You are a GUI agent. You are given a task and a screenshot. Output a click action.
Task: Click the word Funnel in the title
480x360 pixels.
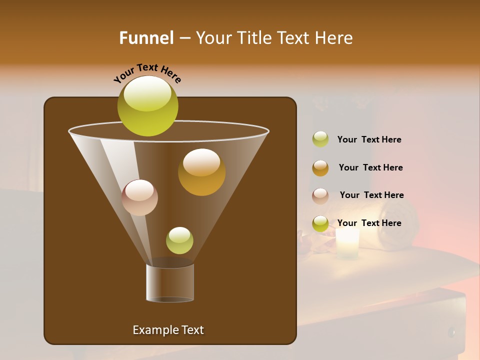click(x=146, y=38)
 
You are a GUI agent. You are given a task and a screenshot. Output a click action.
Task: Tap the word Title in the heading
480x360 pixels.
click(x=254, y=38)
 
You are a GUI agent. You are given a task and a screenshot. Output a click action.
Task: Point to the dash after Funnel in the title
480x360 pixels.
click(x=184, y=38)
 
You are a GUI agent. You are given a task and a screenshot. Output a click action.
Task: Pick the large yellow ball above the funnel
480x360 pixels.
click(x=147, y=112)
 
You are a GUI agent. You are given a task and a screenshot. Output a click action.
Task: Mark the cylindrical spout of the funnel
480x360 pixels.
click(x=170, y=282)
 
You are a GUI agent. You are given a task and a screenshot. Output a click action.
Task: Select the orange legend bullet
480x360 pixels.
click(x=320, y=168)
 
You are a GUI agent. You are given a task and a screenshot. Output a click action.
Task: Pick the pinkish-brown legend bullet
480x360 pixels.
click(x=320, y=196)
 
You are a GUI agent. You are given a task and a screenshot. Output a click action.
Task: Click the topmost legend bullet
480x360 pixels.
click(x=320, y=139)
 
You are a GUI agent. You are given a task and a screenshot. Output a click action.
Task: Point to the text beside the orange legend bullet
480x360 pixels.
click(x=370, y=167)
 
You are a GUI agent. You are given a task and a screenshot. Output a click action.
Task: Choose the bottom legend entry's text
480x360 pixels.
click(x=369, y=223)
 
